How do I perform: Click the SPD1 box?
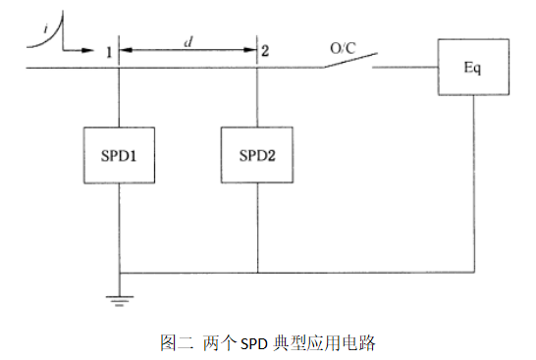click(117, 156)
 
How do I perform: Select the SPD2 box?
click(257, 156)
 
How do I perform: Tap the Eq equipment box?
click(474, 69)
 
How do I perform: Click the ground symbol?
click(118, 298)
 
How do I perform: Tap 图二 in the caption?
click(175, 343)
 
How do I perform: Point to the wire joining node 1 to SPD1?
click(117, 98)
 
